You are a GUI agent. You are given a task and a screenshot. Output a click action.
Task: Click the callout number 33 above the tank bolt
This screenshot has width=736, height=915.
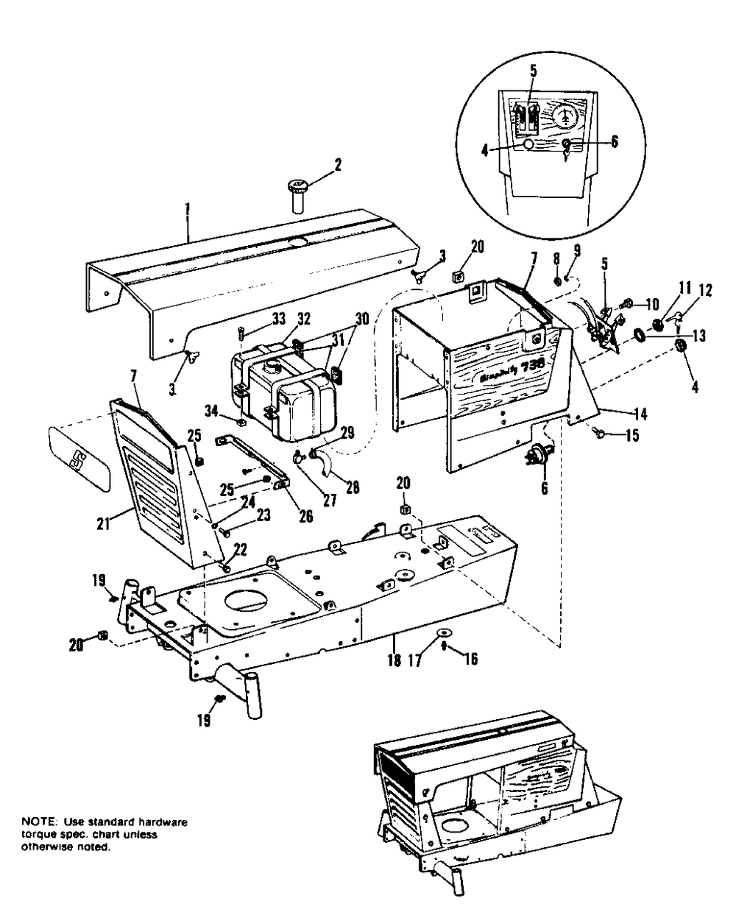[x=258, y=318]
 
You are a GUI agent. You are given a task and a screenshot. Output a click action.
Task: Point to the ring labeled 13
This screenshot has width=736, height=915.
[x=640, y=336]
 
